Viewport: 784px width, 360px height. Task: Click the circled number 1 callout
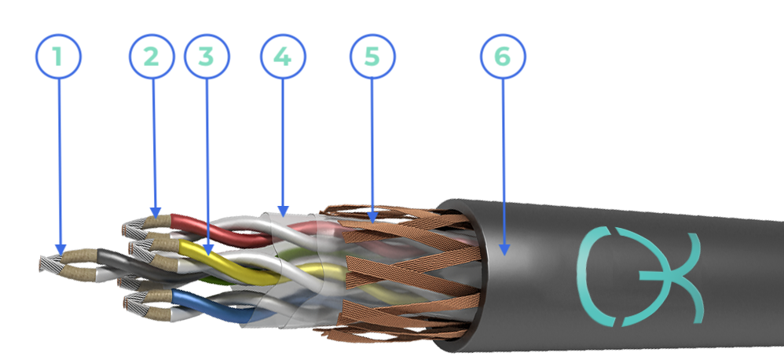(x=58, y=57)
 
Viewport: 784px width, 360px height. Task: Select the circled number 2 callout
(x=152, y=57)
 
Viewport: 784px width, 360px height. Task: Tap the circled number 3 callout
(x=207, y=57)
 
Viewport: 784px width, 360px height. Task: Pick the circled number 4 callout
(x=283, y=57)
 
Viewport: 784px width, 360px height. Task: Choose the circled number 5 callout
(x=372, y=57)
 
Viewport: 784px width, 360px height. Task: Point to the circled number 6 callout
(x=503, y=57)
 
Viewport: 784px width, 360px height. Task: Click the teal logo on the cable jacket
(x=640, y=275)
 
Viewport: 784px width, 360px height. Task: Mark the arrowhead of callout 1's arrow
(x=60, y=249)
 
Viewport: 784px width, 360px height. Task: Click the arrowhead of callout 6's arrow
(x=504, y=249)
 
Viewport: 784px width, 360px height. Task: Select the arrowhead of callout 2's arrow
(x=156, y=213)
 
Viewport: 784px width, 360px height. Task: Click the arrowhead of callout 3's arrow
(x=208, y=249)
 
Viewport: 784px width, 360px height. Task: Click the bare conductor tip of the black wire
(x=51, y=263)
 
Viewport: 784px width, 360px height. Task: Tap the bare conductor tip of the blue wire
(x=135, y=305)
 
